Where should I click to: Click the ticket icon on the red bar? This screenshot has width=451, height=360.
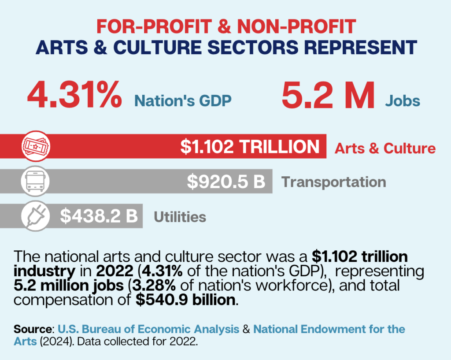tap(36, 146)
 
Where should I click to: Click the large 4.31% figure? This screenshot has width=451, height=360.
tap(74, 96)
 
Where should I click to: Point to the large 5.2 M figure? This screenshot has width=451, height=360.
tap(328, 96)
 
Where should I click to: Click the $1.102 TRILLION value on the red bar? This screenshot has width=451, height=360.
tap(250, 147)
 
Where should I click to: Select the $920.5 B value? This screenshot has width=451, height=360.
tap(226, 182)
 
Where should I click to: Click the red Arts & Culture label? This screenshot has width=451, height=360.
tap(385, 148)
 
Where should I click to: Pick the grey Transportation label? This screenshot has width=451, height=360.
tap(333, 182)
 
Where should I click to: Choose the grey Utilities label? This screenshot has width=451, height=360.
tap(180, 217)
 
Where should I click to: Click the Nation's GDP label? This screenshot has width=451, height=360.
tap(183, 101)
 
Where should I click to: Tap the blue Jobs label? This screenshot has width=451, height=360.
tap(403, 101)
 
